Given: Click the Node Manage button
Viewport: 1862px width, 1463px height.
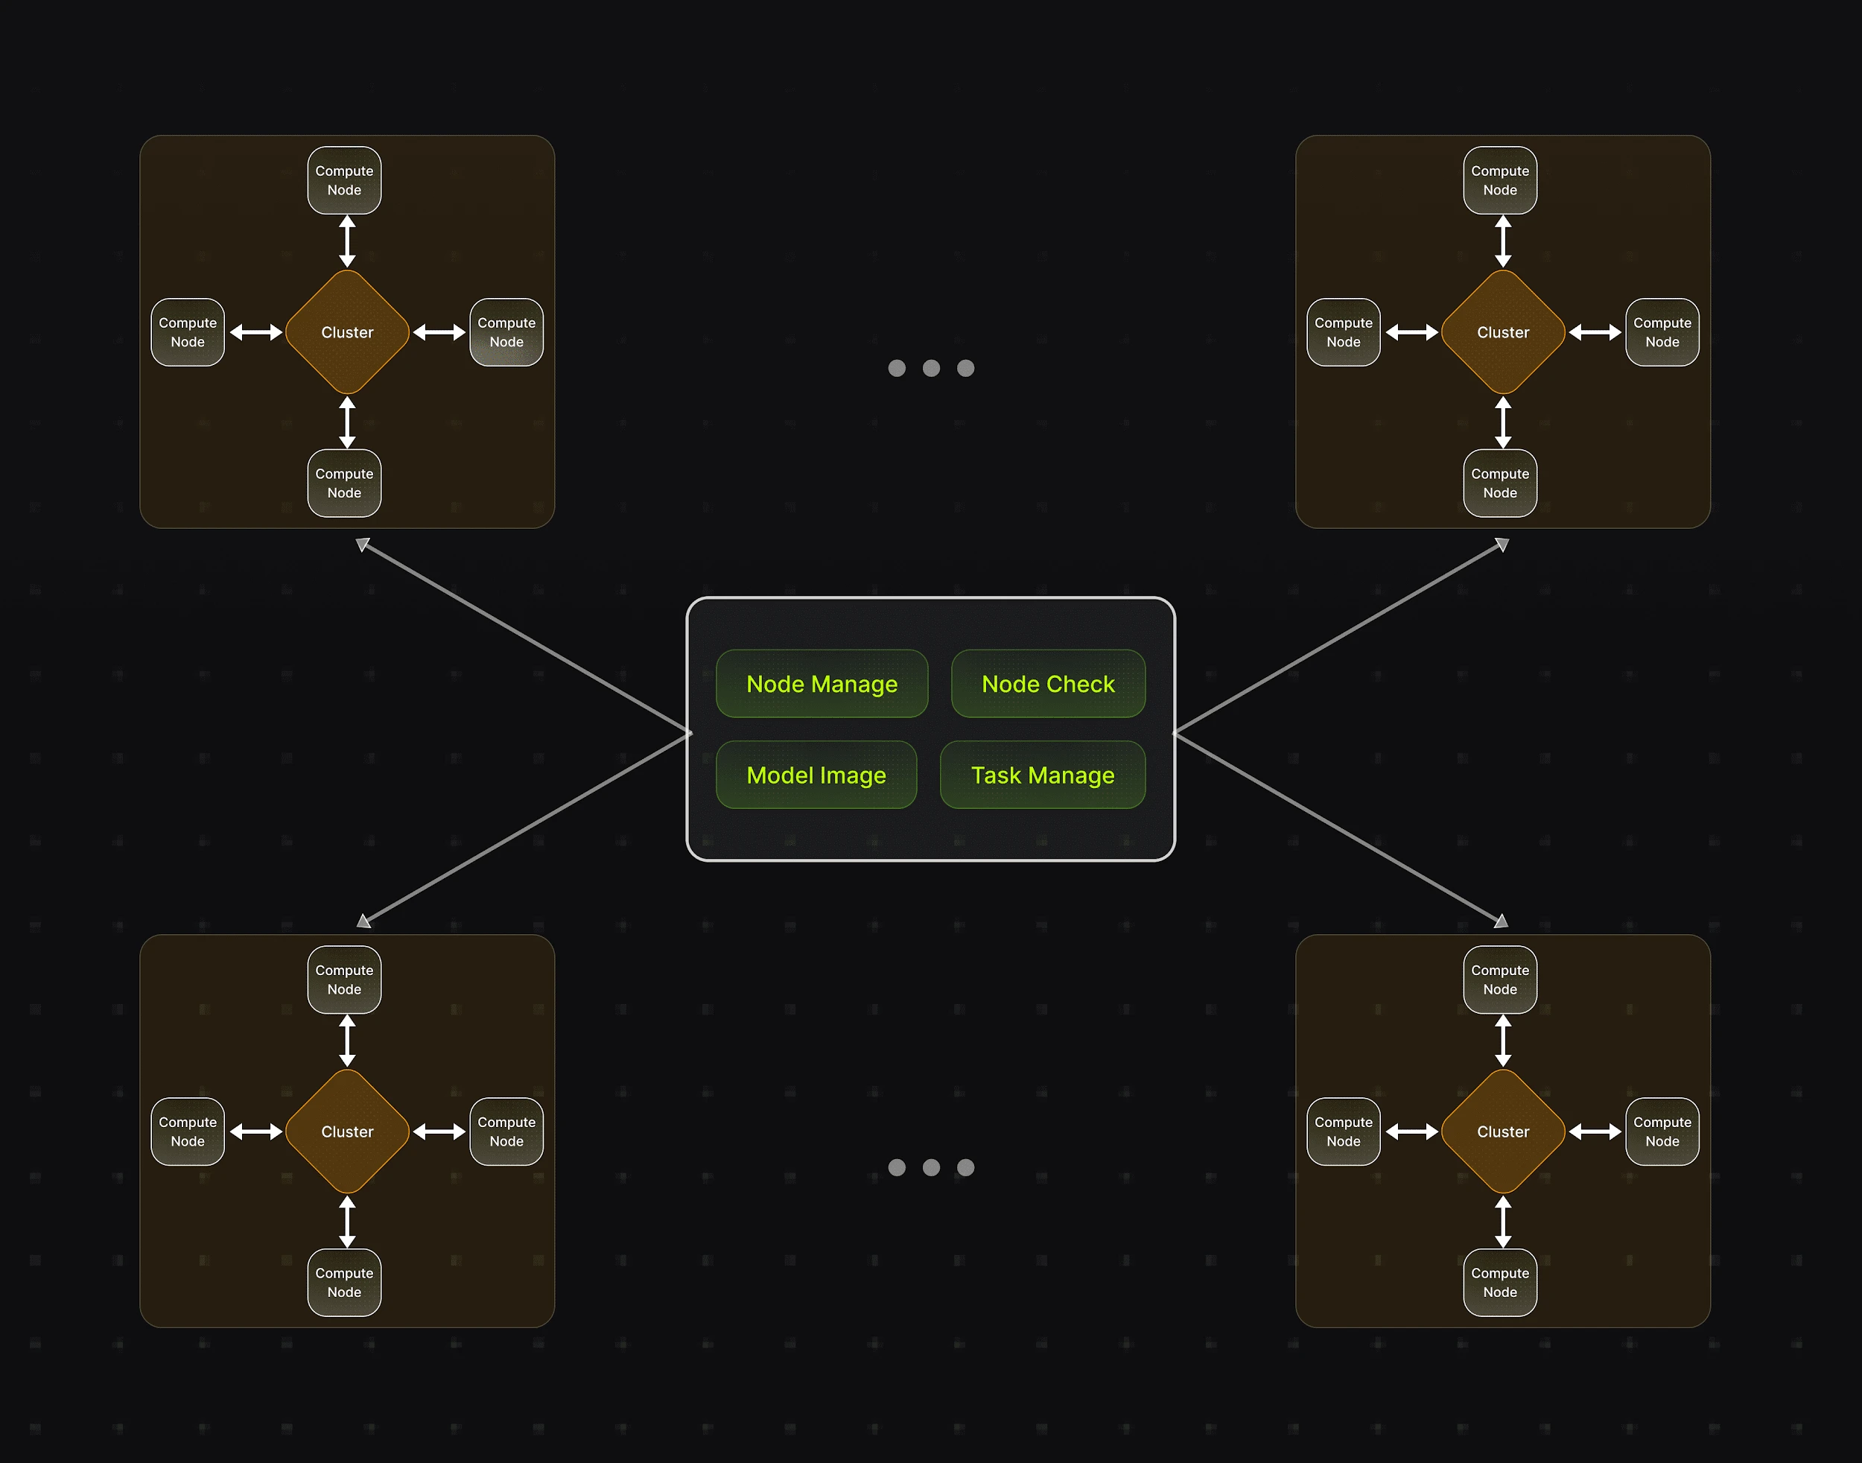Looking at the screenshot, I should [x=822, y=684].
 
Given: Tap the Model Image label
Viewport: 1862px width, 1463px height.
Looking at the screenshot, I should [x=816, y=775].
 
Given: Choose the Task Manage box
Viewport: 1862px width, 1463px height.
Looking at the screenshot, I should [x=1042, y=775].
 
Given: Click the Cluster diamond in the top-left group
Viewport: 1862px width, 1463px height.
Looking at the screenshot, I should [x=347, y=332].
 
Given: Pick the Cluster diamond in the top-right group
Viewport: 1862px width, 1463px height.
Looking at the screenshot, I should [x=1502, y=332].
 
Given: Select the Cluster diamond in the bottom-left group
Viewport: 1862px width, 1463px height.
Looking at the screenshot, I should [x=347, y=1132].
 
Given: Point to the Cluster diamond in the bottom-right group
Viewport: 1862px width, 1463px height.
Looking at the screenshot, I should [x=1502, y=1132].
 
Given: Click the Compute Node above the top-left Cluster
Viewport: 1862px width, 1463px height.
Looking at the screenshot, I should [x=344, y=180].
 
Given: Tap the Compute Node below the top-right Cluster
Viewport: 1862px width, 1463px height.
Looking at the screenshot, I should [x=1500, y=483].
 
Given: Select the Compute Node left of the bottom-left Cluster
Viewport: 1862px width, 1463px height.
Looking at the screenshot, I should [x=188, y=1132].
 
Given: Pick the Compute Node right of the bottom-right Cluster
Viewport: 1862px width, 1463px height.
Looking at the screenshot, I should [x=1662, y=1132].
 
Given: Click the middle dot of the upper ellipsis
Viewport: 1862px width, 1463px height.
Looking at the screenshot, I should [x=931, y=368].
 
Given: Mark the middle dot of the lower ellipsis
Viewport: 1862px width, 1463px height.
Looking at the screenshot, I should [x=931, y=1167].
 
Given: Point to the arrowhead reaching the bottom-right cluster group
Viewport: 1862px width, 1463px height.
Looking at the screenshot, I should [x=1501, y=921].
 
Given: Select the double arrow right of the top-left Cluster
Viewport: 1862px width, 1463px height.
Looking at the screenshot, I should [x=439, y=332].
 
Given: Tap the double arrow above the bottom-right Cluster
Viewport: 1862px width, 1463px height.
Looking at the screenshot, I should [x=1502, y=1041].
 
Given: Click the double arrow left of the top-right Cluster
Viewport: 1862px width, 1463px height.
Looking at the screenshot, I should [x=1411, y=332].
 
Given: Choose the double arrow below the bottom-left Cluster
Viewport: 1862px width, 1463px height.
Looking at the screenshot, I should [x=347, y=1222].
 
